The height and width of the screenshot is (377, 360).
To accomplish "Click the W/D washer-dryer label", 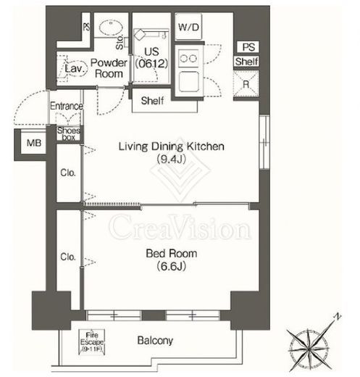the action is pos(188,27).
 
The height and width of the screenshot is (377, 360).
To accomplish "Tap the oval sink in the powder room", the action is pos(111,28).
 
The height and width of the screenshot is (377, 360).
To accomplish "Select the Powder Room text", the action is pos(109,68).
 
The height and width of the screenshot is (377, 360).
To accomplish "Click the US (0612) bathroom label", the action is pos(151,57).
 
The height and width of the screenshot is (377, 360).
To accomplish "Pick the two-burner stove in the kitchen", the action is pos(188,58).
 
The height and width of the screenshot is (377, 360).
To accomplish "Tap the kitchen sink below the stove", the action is pos(189,81).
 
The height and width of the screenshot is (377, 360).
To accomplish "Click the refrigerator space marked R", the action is pos(246,84).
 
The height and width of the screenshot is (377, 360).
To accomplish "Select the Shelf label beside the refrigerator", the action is pos(246,62).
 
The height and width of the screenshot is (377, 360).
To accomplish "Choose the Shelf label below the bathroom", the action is pos(152,101).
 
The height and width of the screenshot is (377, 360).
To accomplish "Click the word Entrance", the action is pos(67,106).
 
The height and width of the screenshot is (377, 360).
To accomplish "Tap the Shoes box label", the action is pos(69,134).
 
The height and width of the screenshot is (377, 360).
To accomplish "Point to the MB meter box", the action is pos(34,143).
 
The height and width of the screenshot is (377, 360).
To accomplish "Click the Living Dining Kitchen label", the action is pos(172,146).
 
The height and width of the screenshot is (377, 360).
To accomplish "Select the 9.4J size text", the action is pos(171,159).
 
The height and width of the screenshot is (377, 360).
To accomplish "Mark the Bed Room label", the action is pos(172,253).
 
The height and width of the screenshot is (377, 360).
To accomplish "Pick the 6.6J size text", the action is pos(171,266).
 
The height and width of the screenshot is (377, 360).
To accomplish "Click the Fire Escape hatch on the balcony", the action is pos(92,342).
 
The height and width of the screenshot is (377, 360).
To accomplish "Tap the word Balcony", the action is pos(155,341).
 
